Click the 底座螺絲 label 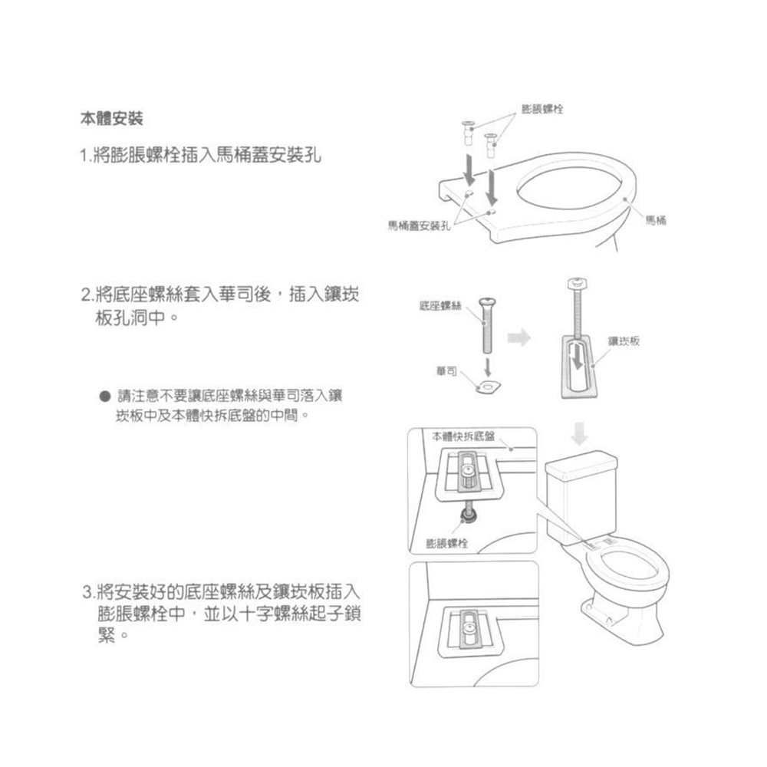coord(439,306)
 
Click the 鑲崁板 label coord(624,340)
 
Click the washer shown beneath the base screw coord(486,385)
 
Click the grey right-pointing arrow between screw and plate coord(521,337)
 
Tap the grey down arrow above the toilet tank coord(581,435)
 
